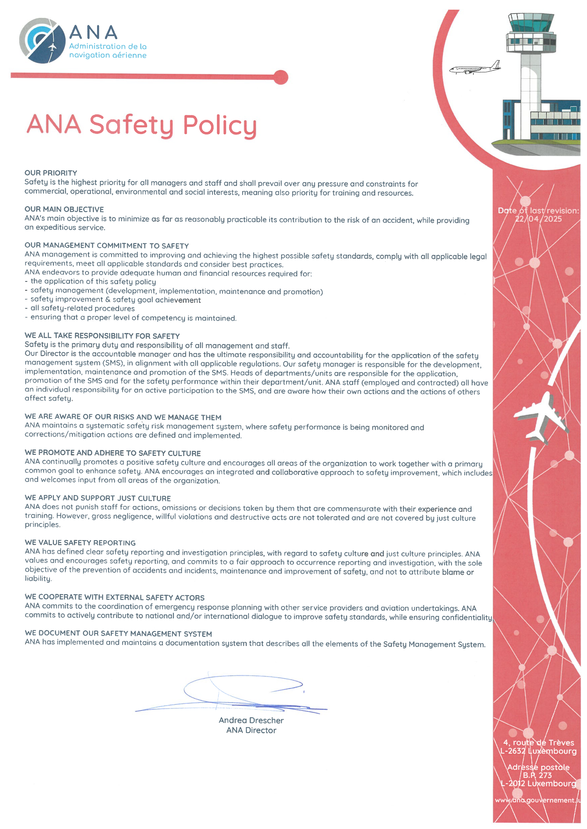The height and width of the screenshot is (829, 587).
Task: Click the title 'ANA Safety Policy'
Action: click(142, 125)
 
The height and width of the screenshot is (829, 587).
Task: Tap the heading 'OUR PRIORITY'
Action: click(51, 173)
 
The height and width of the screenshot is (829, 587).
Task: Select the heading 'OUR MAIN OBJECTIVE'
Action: click(64, 209)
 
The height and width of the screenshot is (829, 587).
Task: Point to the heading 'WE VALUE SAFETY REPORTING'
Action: click(80, 543)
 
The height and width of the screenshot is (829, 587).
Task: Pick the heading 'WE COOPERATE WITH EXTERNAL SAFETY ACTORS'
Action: click(115, 598)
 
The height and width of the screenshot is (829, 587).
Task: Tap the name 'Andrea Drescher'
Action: click(251, 720)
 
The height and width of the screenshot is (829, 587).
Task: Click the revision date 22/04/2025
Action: click(538, 219)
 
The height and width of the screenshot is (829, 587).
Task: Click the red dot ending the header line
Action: click(281, 77)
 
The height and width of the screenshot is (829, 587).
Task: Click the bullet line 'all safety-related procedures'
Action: click(82, 308)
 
